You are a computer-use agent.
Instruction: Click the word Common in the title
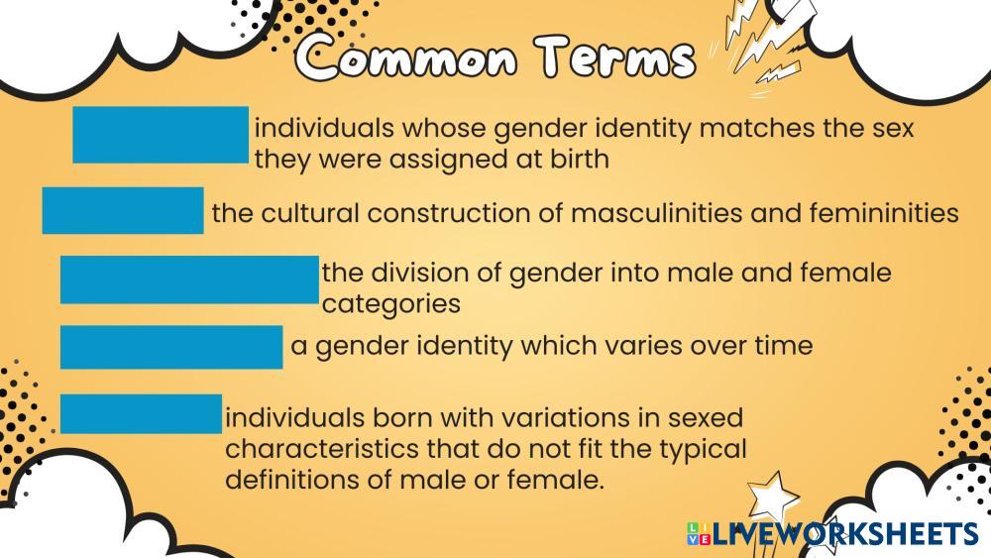tap(408, 59)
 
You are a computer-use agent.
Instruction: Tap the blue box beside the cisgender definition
tap(160, 135)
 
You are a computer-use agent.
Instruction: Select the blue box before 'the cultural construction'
tap(123, 210)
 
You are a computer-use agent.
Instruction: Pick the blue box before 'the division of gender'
tap(189, 279)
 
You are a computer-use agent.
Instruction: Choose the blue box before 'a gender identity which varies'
tap(171, 347)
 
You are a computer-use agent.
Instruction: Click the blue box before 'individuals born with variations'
tap(141, 413)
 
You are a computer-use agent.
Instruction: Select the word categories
tap(391, 303)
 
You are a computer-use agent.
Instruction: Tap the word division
tap(433, 272)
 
